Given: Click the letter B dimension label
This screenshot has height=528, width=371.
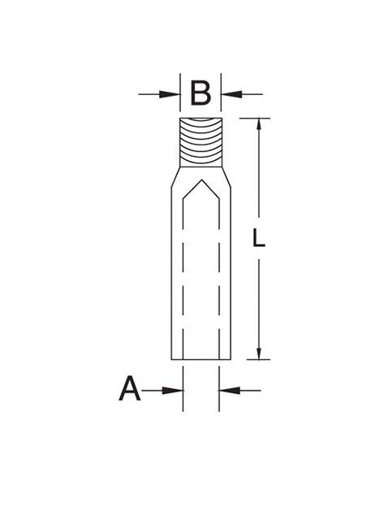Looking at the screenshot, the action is (x=201, y=93).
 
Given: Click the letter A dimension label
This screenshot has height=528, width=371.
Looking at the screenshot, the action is (x=129, y=388).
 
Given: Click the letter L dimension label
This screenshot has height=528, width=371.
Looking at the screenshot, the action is (x=258, y=237).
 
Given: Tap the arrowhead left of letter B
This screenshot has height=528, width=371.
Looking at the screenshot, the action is (x=170, y=94).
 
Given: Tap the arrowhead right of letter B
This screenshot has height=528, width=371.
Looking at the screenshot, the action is (x=231, y=94).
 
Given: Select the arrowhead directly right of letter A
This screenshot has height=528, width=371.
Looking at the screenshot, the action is (x=172, y=391).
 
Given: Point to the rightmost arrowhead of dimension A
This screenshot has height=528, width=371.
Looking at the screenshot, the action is (x=229, y=391).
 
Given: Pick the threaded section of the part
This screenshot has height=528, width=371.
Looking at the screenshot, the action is (x=201, y=142).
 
